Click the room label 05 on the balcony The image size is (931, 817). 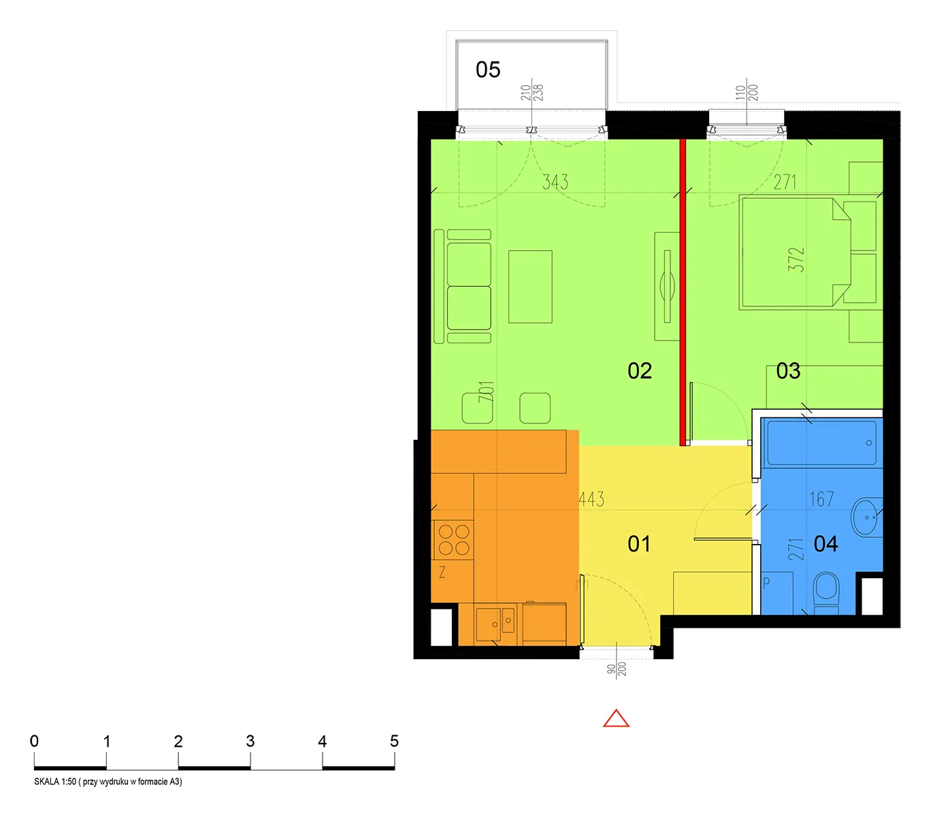point(487,70)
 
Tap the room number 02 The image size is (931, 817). point(639,371)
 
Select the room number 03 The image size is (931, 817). point(787,371)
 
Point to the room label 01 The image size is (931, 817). point(639,544)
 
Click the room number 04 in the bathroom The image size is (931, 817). point(826,544)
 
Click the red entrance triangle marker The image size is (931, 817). point(616,718)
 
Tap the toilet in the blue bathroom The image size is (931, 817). point(826,593)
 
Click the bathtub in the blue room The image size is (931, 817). point(821,443)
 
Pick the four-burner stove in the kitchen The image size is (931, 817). point(453,540)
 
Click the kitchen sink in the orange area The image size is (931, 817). point(495,624)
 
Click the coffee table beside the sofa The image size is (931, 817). point(530,287)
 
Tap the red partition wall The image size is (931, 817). point(683,292)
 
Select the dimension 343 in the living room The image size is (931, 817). point(555,182)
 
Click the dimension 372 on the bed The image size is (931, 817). point(796,259)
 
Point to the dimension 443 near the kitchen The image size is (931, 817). point(591,499)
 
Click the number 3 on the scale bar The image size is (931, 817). point(250,741)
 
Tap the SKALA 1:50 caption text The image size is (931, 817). point(108,782)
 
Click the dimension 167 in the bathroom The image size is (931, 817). point(821,499)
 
